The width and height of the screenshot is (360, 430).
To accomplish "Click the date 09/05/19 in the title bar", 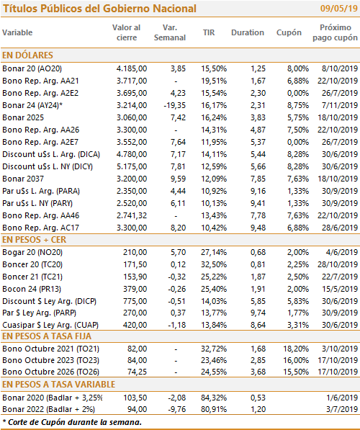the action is (339, 8).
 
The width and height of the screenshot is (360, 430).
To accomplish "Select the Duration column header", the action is (247, 32).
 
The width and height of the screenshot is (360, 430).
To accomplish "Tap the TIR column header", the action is (209, 32).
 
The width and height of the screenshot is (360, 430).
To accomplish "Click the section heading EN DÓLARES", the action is (27, 55).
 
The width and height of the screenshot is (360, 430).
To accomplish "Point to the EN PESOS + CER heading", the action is (35, 240).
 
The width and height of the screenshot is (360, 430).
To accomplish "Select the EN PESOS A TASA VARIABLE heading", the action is (58, 384).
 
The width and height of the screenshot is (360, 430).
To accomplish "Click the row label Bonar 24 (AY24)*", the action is (32, 105).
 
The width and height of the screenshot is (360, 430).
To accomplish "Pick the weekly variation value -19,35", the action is (175, 105).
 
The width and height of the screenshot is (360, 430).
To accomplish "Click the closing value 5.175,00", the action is (132, 166).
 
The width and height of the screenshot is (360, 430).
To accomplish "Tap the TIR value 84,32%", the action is (214, 398).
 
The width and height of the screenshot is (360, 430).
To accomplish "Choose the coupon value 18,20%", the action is (296, 349).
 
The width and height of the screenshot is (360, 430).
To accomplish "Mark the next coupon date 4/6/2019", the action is (342, 252).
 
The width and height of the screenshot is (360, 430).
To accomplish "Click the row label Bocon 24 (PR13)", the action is (32, 289).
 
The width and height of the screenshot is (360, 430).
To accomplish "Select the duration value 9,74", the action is (258, 313).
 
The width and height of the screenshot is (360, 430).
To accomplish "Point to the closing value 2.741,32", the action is (132, 215).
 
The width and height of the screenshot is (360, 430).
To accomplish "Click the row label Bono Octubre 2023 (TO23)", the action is (50, 360).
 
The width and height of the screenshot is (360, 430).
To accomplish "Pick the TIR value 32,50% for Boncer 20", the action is (214, 264).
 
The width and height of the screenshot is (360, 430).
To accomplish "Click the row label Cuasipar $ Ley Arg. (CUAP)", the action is (50, 325).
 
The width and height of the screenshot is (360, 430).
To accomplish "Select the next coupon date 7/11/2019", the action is (340, 105).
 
